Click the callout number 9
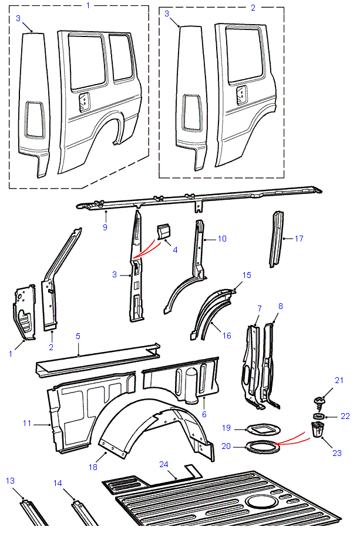coord(105,227)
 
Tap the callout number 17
coord(300,239)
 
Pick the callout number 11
coord(27,423)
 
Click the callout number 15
coord(247,274)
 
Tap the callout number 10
coord(222,239)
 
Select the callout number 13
coord(10,481)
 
